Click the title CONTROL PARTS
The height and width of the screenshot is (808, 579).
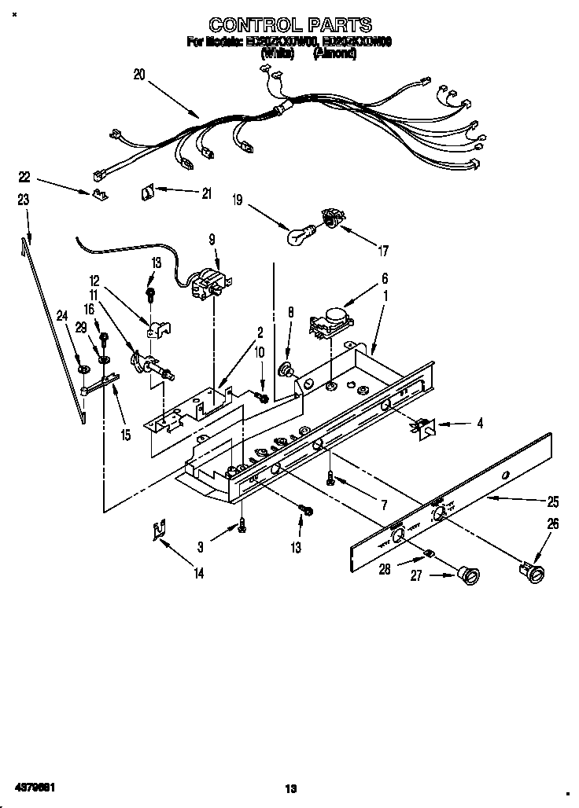coord(290,25)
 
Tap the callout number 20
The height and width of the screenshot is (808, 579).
coord(139,75)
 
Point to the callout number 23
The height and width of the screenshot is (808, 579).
coord(23,200)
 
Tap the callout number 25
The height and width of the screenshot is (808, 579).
coord(553,501)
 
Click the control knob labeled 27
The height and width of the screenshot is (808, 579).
coord(470,576)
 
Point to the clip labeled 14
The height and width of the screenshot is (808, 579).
coord(159,532)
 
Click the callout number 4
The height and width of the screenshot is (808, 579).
coord(480,424)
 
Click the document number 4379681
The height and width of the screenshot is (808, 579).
coord(32,786)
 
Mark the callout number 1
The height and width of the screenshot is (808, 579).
coord(385,299)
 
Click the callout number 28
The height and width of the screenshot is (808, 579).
coord(384,570)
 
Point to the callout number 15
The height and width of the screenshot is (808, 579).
coord(124,433)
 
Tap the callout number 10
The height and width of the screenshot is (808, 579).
coord(260,353)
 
